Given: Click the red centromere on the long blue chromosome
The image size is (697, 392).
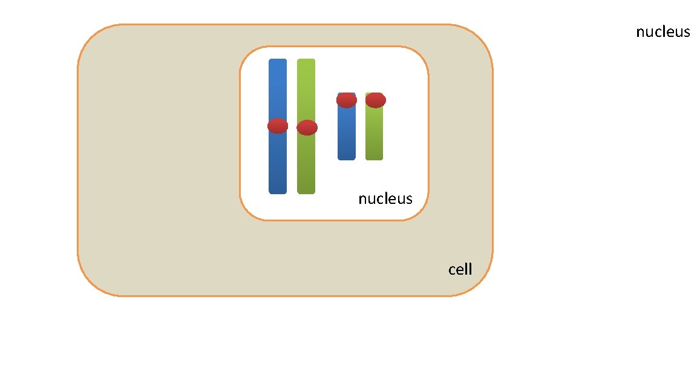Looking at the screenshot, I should coord(278,125).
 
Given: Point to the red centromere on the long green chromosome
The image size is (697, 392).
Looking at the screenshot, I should coord(307,128).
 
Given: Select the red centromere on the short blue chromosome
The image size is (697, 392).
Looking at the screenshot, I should coord(347,100).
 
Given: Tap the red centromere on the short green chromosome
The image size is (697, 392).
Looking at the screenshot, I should coord(375,100).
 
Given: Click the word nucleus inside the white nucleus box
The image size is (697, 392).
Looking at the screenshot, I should coord(385,198).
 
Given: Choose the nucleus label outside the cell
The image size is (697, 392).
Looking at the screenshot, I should coord(663,32).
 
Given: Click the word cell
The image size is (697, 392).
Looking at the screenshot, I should coord(460,269).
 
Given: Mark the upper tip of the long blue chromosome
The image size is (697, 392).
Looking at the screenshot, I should coord(278,60).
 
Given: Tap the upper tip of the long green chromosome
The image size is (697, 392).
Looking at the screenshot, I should coord(306,60).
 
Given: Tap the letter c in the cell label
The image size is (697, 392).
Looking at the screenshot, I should coord(452,270).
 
